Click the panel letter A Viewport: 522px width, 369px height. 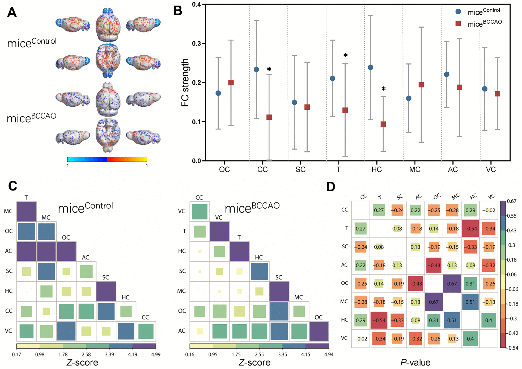coord(12,12)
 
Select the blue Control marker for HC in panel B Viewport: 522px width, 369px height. coord(371,67)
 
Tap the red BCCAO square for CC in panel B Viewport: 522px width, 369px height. coord(269,117)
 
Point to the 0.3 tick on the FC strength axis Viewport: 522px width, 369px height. coord(197,43)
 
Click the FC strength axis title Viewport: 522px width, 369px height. coord(185,82)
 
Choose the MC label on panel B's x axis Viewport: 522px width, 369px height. coord(415,169)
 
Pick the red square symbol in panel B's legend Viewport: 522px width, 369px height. coord(458,24)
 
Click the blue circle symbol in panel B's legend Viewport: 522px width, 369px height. coord(458,11)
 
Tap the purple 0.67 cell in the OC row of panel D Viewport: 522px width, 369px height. coord(452,284)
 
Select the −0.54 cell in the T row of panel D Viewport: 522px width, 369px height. coord(470,229)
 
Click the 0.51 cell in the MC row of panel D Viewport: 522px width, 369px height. coord(470,302)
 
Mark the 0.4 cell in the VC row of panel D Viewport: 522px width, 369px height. coord(470,339)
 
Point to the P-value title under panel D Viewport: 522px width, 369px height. coord(415,362)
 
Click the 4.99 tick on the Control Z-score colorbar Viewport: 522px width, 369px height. coord(156,354)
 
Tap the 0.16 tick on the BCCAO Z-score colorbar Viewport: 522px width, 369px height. coord(190,354)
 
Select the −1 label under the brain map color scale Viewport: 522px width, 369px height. coord(67,166)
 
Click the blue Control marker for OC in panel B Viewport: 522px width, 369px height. coord(218,93)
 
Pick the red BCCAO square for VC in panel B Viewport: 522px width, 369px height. coord(497,94)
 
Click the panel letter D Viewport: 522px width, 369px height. coord(331,187)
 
